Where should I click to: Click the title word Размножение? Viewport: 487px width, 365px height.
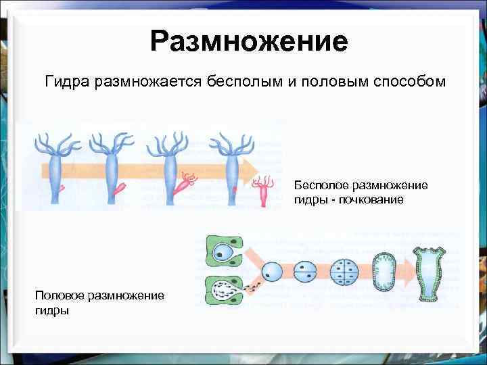tap(249, 42)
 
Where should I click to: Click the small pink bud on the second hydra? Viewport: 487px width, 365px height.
tap(121, 188)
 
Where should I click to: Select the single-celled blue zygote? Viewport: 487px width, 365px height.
tap(271, 272)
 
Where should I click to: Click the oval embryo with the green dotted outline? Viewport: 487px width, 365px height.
tap(385, 272)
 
